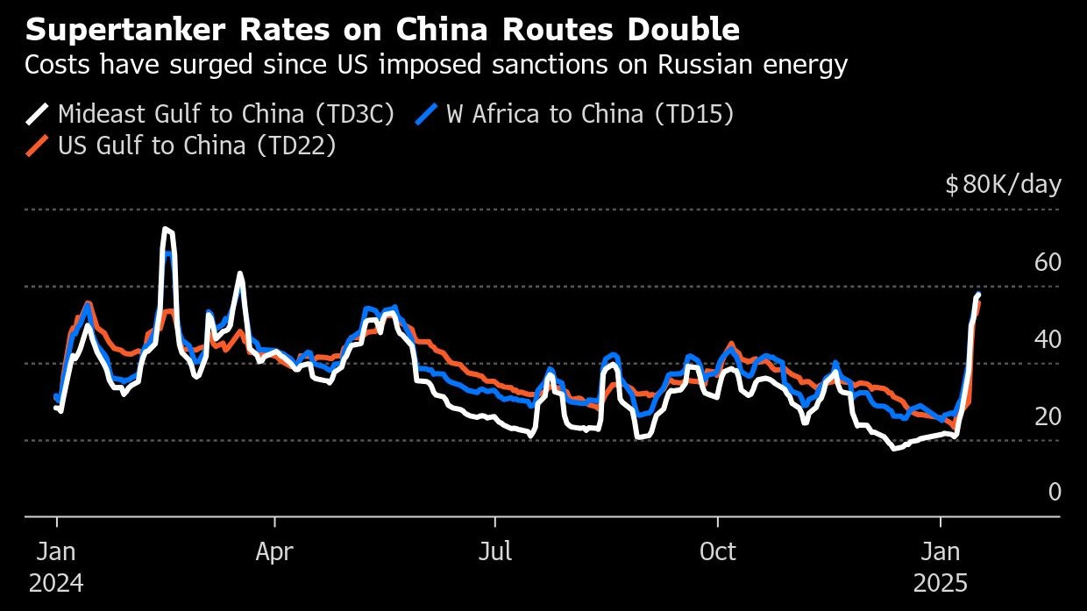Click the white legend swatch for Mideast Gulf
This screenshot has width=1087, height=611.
coord(38,114)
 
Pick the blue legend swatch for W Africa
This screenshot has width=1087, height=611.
coord(426,114)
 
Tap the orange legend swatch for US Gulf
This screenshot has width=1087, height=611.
coord(38,146)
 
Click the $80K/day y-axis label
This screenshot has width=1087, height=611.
coord(1003,185)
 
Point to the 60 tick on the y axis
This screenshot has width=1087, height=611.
coord(1048,262)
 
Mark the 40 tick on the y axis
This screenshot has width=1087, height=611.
coord(1048,339)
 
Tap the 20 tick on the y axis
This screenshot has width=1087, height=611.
coord(1048,416)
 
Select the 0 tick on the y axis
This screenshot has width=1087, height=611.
coord(1055,493)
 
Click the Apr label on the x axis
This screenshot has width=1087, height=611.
coord(274,552)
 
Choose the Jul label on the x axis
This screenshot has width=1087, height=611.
coord(495,552)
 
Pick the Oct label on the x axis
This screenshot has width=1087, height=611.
coord(718,552)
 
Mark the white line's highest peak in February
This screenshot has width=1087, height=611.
coord(167,230)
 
